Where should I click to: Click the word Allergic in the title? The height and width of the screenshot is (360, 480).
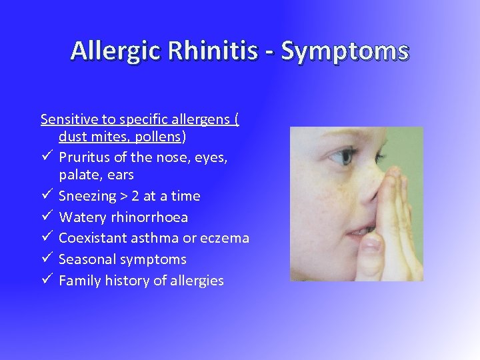pos(115,51)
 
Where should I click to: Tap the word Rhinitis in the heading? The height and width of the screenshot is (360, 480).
pos(212,51)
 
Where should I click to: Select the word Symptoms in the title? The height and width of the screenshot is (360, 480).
pos(345,51)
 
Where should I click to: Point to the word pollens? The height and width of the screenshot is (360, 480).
pos(159,137)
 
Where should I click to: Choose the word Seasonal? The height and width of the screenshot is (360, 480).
pos(87,259)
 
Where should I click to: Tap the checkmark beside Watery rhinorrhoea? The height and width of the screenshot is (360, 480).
pos(46,217)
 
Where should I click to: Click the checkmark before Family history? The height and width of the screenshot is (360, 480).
pos(46,281)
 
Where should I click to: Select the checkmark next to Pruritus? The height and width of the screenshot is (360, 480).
pos(46,157)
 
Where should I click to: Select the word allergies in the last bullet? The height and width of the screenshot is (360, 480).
pos(197,281)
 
